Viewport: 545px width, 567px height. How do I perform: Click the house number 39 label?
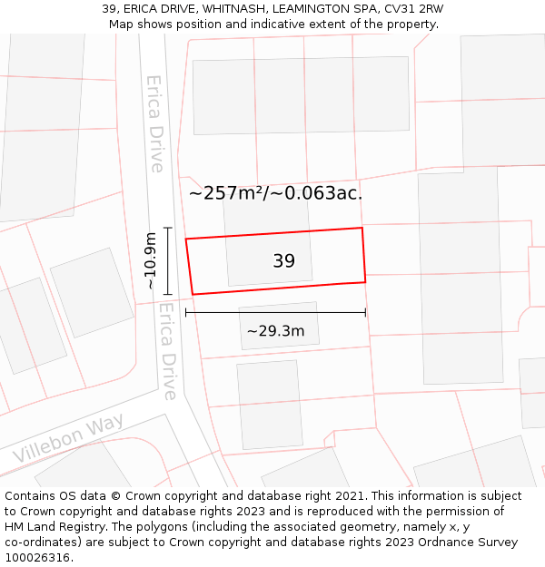click(x=283, y=261)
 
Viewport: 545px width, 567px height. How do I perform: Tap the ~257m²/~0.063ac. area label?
click(x=275, y=192)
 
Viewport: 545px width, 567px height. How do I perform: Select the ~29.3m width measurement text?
click(x=275, y=331)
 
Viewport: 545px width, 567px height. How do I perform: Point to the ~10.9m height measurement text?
click(x=151, y=261)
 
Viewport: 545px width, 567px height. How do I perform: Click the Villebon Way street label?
click(x=68, y=441)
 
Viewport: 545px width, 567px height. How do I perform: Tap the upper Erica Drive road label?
click(x=155, y=123)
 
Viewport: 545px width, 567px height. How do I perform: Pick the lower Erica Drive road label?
click(x=166, y=350)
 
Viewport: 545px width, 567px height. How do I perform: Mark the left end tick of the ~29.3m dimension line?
click(x=185, y=312)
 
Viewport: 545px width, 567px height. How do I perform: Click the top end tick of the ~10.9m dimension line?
click(x=167, y=228)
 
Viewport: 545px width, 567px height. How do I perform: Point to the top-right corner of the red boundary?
click(x=362, y=228)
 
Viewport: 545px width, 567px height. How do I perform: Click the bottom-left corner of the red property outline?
click(x=193, y=294)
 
